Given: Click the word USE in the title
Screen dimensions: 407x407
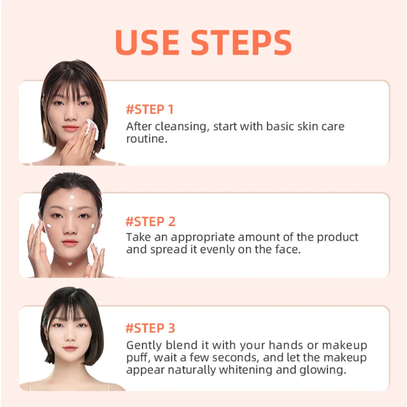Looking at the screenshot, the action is (147, 42).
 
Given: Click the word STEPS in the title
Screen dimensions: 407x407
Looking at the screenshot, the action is (241, 42).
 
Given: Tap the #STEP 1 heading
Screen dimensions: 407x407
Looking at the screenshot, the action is (149, 109).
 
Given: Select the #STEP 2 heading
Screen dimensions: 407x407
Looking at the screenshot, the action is (151, 222).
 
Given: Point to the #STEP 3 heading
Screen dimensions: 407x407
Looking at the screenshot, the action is (150, 328).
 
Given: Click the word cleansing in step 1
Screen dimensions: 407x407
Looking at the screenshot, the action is (182, 127).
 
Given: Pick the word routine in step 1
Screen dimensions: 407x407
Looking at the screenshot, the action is (147, 139).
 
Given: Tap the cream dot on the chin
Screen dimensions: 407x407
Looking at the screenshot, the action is (70, 264).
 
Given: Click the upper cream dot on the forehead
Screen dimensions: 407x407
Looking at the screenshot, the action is (72, 197).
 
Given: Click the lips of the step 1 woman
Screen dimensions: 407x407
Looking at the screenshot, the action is (70, 128).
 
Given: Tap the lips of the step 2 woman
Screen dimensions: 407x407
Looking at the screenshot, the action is (70, 243).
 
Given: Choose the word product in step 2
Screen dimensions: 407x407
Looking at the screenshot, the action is (337, 238).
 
